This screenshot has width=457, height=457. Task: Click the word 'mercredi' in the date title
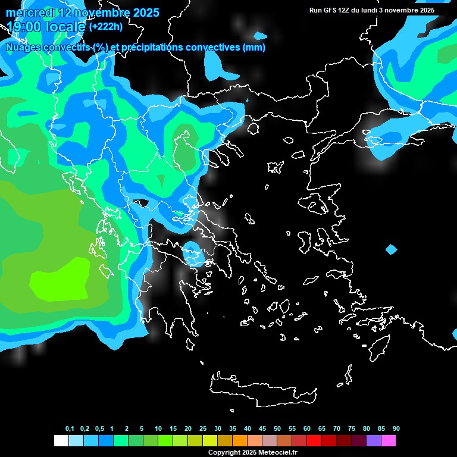[x=29, y=12]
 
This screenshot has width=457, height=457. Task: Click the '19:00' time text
[x=23, y=27]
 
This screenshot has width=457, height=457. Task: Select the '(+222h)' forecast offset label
[x=105, y=27]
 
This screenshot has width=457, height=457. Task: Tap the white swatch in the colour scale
[x=61, y=441]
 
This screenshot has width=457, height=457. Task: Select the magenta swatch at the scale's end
[x=389, y=441]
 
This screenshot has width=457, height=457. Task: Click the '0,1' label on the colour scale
[x=70, y=429]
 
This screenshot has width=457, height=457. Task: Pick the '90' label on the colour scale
[x=396, y=429]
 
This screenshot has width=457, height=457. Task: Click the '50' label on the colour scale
[x=277, y=429]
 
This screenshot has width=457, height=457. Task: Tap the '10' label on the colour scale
[x=158, y=429]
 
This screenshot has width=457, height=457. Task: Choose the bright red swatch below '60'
[x=314, y=441]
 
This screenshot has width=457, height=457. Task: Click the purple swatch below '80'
[x=374, y=441]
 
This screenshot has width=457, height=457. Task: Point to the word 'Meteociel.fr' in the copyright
[x=277, y=452]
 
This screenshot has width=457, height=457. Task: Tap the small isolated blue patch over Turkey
[x=391, y=249]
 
